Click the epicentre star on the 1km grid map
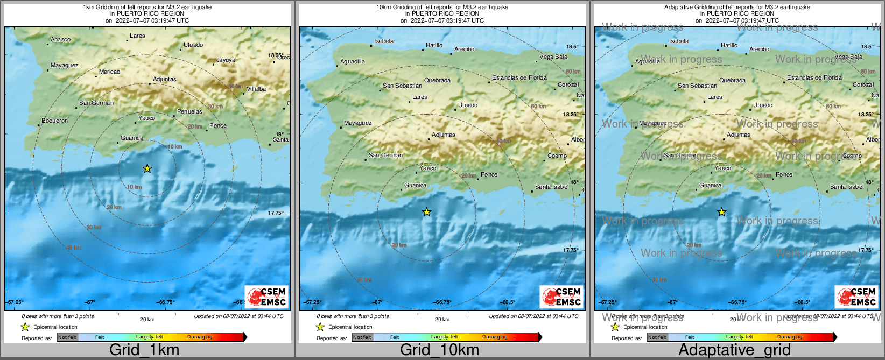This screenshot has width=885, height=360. coord(147,169)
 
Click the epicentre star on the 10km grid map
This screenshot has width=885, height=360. coord(426,213)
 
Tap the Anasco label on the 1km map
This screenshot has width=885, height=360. coord(60,40)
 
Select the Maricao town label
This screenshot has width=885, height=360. coord(109,72)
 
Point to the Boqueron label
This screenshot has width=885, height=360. coord(54,121)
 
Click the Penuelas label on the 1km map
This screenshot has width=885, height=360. coord(189,112)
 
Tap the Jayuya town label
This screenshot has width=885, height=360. coord(226,60)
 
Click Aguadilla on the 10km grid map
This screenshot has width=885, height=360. coord(353,62)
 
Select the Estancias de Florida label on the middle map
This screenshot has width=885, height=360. coord(519,78)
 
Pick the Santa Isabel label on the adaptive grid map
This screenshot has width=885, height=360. coord(846,187)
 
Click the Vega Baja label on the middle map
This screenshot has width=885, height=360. coord(553,57)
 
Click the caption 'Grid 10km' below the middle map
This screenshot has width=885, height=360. coord(439,350)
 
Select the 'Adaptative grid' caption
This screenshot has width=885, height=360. coord(734,350)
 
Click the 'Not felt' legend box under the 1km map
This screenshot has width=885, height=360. coord(67,337)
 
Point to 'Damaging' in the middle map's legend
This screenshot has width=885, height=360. coord(495,337)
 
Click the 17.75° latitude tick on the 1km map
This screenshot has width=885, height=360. coord(276,213)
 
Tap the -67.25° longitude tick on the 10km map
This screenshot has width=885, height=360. coord(311,302)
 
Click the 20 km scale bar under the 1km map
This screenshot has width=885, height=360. coord(147,313)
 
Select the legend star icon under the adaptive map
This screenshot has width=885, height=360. coord(615,327)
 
